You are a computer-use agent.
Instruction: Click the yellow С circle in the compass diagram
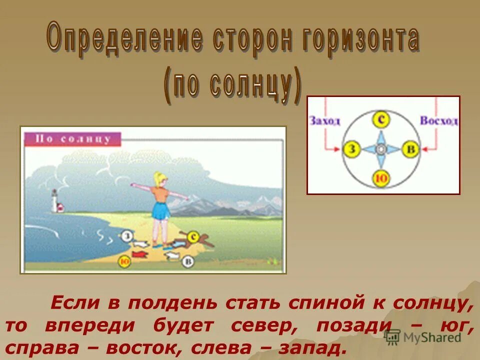click(x=381, y=119)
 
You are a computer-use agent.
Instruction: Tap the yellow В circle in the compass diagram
click(x=410, y=149)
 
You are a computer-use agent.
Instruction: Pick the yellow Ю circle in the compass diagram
click(x=381, y=178)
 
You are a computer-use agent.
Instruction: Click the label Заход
click(x=324, y=121)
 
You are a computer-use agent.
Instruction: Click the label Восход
click(x=438, y=121)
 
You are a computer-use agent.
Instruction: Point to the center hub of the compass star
click(x=381, y=149)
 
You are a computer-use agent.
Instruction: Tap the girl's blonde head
click(x=160, y=179)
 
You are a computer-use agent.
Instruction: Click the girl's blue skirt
click(x=159, y=210)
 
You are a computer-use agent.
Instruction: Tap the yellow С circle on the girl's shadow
click(x=191, y=237)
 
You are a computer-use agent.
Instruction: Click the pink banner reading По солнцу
click(x=73, y=138)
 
